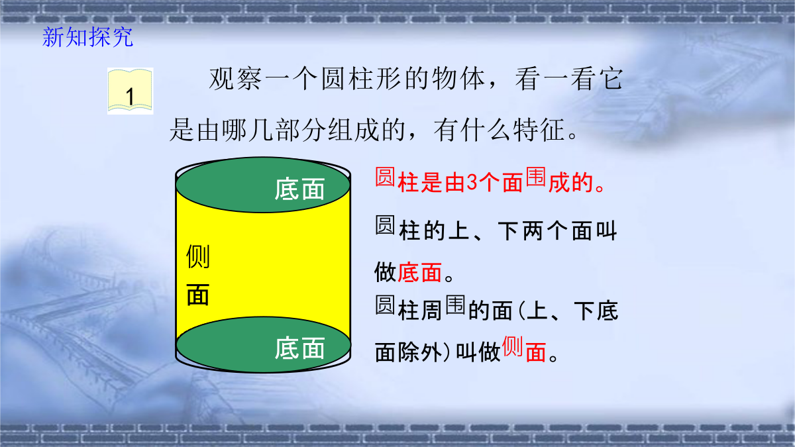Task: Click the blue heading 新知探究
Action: (87, 37)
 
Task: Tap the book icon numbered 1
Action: (131, 91)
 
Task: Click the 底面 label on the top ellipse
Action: (299, 189)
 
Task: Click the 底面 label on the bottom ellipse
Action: (299, 348)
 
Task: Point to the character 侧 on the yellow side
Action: (198, 256)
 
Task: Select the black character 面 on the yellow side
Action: (198, 295)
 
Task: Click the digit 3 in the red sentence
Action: (472, 183)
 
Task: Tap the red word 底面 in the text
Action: (419, 272)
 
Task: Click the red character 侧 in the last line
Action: (513, 346)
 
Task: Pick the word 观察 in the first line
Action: (235, 79)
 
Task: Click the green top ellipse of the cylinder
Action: (263, 185)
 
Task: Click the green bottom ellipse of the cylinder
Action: (263, 344)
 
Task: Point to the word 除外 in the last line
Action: (420, 352)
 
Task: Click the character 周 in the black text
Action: (431, 311)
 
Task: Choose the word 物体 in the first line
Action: (458, 79)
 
